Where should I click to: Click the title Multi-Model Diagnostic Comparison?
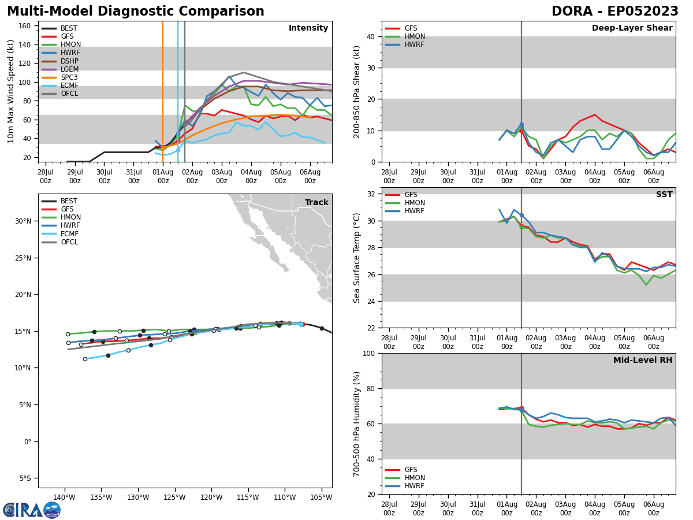pyautogui.click(x=136, y=12)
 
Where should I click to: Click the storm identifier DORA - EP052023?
pyautogui.click(x=614, y=12)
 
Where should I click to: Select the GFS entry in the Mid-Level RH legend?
pyautogui.click(x=411, y=470)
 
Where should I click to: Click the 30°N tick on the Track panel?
pyautogui.click(x=23, y=221)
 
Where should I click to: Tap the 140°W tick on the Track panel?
pyautogui.click(x=64, y=498)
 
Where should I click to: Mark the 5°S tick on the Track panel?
pyautogui.click(x=25, y=478)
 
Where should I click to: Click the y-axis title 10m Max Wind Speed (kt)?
pyautogui.click(x=11, y=91)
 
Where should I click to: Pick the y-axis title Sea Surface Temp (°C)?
pyautogui.click(x=357, y=258)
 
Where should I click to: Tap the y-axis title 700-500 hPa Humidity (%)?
pyautogui.click(x=357, y=424)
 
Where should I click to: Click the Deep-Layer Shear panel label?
pyautogui.click(x=632, y=28)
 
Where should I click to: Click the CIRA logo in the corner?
pyautogui.click(x=32, y=510)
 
